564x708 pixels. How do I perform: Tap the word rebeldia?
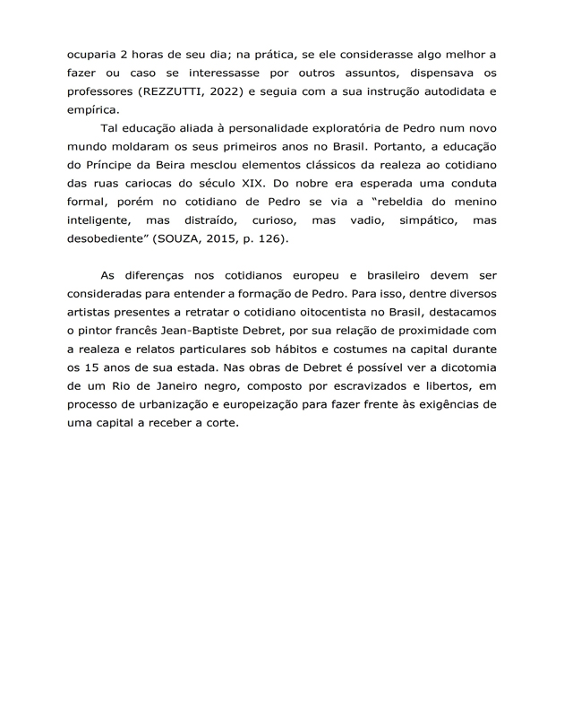[392, 204]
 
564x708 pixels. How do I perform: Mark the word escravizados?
[338, 388]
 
